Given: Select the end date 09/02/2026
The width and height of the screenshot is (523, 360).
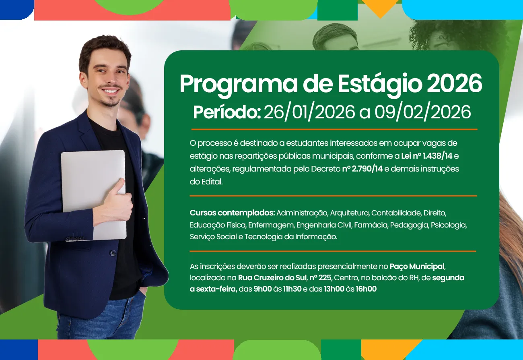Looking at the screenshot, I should click(422, 112).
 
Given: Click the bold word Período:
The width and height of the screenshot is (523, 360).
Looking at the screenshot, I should click(227, 112).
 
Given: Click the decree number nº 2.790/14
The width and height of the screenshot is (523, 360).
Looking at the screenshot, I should click(362, 169).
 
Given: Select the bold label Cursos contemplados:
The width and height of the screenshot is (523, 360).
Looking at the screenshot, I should click(232, 212).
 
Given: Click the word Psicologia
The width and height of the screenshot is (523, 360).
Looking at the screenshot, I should click(449, 225).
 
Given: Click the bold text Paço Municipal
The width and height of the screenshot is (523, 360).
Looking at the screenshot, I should click(417, 266).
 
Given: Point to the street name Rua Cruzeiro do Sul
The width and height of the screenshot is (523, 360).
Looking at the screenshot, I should click(272, 277).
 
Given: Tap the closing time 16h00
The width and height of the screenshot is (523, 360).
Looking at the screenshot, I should click(366, 289).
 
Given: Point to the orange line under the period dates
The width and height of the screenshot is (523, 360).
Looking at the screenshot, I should click(334, 129).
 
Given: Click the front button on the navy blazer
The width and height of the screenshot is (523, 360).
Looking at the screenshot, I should click(113, 253).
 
